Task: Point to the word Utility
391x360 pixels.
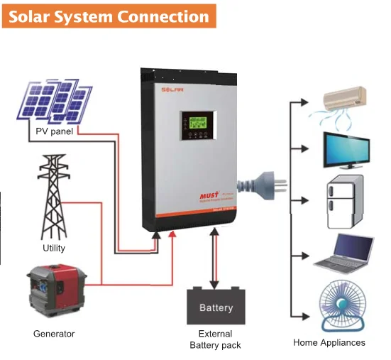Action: pos(54,248)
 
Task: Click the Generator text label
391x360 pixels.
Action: pos(54,334)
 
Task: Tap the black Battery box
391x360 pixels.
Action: pos(216,307)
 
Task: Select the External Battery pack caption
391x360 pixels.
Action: pos(216,339)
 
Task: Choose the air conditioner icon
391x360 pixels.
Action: pos(345,99)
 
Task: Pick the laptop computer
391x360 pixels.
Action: pos(344,253)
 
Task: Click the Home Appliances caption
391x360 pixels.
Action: pos(329,342)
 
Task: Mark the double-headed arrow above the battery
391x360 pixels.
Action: pos(214,260)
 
